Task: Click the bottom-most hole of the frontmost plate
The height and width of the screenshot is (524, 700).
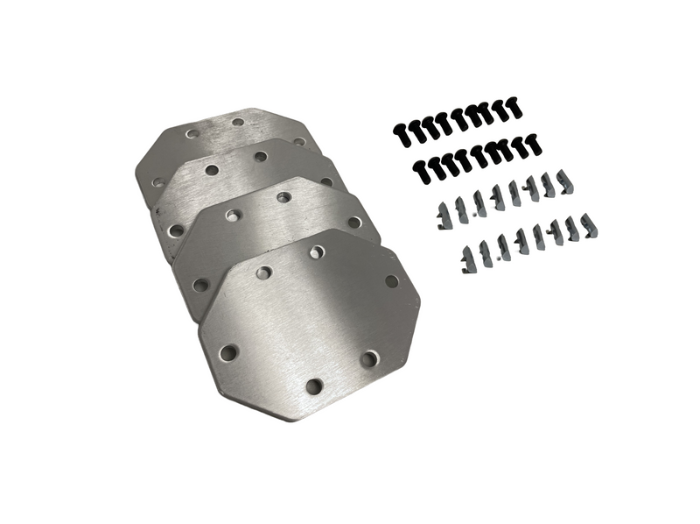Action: (314, 386)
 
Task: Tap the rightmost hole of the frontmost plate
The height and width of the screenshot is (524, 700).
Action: (391, 281)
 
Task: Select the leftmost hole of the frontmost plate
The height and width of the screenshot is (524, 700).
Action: (228, 352)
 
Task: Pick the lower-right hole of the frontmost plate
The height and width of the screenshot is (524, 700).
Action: (369, 358)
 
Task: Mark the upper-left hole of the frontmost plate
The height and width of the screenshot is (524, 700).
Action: (263, 273)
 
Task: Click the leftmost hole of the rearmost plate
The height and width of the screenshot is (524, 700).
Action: (158, 182)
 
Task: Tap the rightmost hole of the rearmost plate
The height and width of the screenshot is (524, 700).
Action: (299, 140)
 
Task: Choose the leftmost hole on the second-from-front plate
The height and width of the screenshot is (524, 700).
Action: (200, 285)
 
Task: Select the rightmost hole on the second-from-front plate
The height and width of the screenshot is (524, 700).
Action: (353, 222)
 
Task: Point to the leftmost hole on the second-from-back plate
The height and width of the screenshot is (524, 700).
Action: (177, 231)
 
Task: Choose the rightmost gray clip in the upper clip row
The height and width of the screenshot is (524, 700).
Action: (565, 183)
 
